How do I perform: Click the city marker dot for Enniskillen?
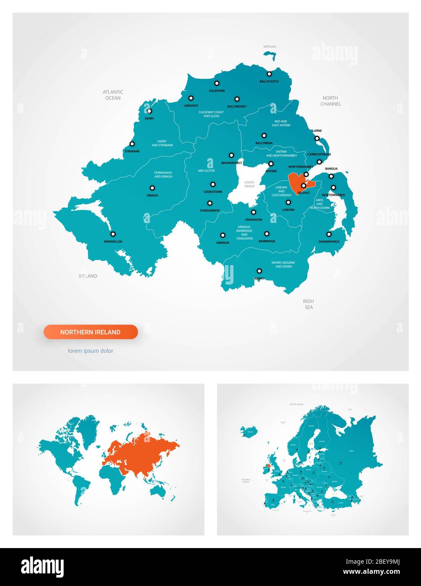click(113, 234)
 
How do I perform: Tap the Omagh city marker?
click(152, 188)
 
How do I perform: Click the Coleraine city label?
click(217, 91)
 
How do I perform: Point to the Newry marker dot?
click(259, 271)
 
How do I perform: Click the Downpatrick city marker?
click(329, 234)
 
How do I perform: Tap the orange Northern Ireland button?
click(91, 332)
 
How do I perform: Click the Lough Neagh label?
click(249, 184)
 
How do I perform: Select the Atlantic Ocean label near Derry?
click(113, 95)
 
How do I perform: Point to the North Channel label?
click(330, 101)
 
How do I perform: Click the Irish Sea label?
click(308, 304)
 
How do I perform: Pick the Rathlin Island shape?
click(270, 55)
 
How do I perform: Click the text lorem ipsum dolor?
click(91, 351)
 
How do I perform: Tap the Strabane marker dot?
click(132, 144)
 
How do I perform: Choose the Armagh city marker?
click(223, 235)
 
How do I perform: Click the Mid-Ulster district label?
click(206, 171)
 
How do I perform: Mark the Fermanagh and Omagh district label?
click(163, 175)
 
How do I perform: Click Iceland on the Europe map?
click(248, 431)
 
